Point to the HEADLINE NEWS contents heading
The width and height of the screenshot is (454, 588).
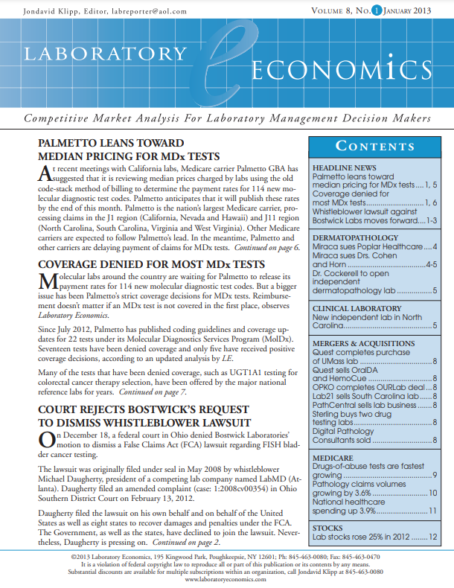[x=345, y=168]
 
